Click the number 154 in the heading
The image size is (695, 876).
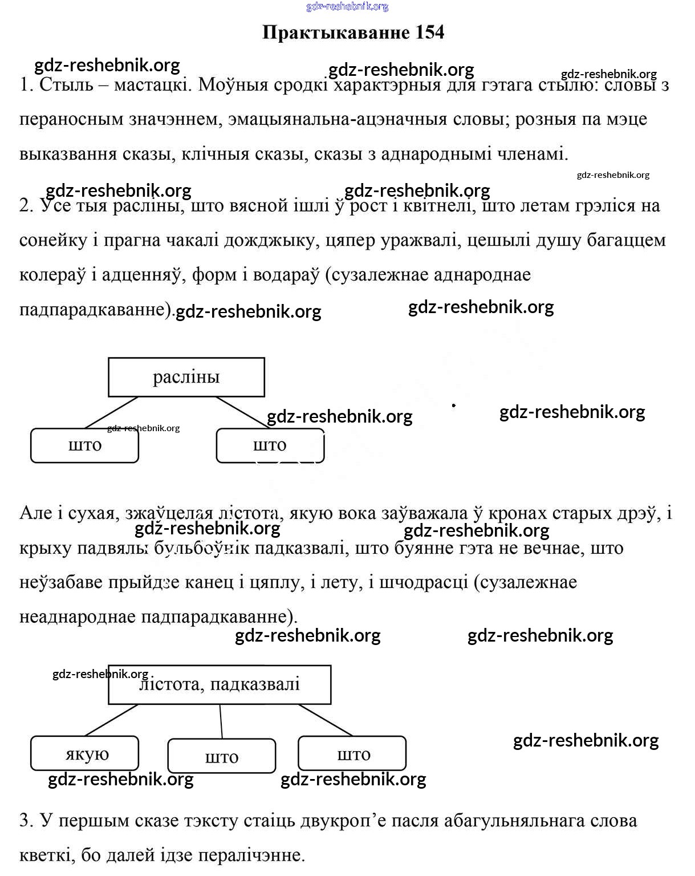click(430, 33)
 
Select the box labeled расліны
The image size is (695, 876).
click(186, 377)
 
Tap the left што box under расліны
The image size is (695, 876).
click(84, 445)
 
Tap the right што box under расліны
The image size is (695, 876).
click(270, 445)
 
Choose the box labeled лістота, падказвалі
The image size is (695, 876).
click(220, 684)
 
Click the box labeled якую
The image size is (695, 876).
click(84, 753)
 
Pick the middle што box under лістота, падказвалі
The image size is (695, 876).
click(222, 756)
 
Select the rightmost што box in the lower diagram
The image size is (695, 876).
click(352, 753)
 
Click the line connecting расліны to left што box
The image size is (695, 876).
click(112, 412)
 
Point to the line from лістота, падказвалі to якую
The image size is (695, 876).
click(112, 720)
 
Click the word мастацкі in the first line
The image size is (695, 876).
click(151, 85)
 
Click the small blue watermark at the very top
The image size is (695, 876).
click(347, 6)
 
